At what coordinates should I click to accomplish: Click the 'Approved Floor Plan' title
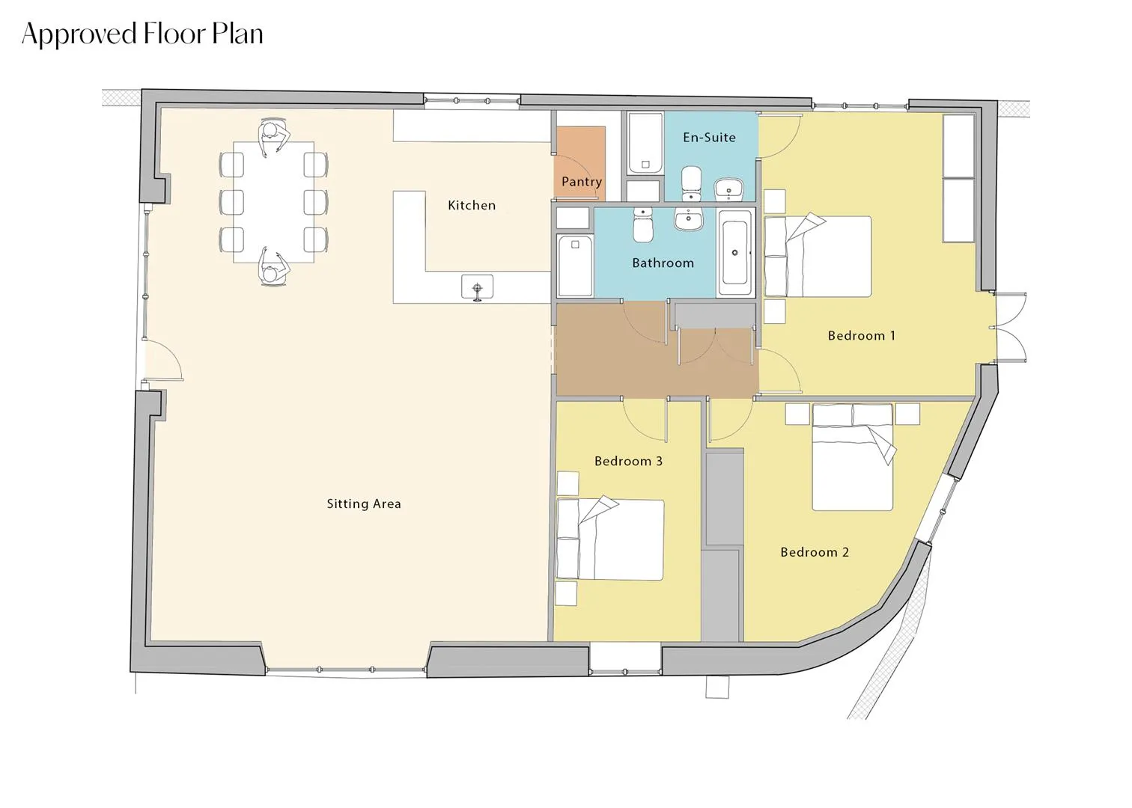coord(142,34)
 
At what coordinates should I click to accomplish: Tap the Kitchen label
coord(472,206)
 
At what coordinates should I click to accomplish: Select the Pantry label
coord(582,182)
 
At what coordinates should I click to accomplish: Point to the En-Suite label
coord(709,138)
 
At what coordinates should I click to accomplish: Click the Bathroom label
coord(663,263)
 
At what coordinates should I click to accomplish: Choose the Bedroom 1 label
coord(862,336)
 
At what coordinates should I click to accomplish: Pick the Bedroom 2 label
coord(815,552)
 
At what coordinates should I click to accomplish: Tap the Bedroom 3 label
coord(628,461)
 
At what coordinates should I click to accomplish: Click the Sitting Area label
coord(364,504)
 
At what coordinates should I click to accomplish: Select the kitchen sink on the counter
coord(478,288)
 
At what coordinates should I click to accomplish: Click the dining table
coord(273,202)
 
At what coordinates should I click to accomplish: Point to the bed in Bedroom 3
coord(610,539)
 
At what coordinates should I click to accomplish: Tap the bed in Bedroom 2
coord(852,458)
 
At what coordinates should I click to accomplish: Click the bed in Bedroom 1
coord(818,256)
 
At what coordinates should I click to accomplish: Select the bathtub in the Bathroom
coord(735,253)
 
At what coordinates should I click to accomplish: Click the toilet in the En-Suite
coord(691,184)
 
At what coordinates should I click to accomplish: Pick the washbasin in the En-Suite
coord(729,189)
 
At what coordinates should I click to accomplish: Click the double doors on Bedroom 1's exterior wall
coord(1008,327)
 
